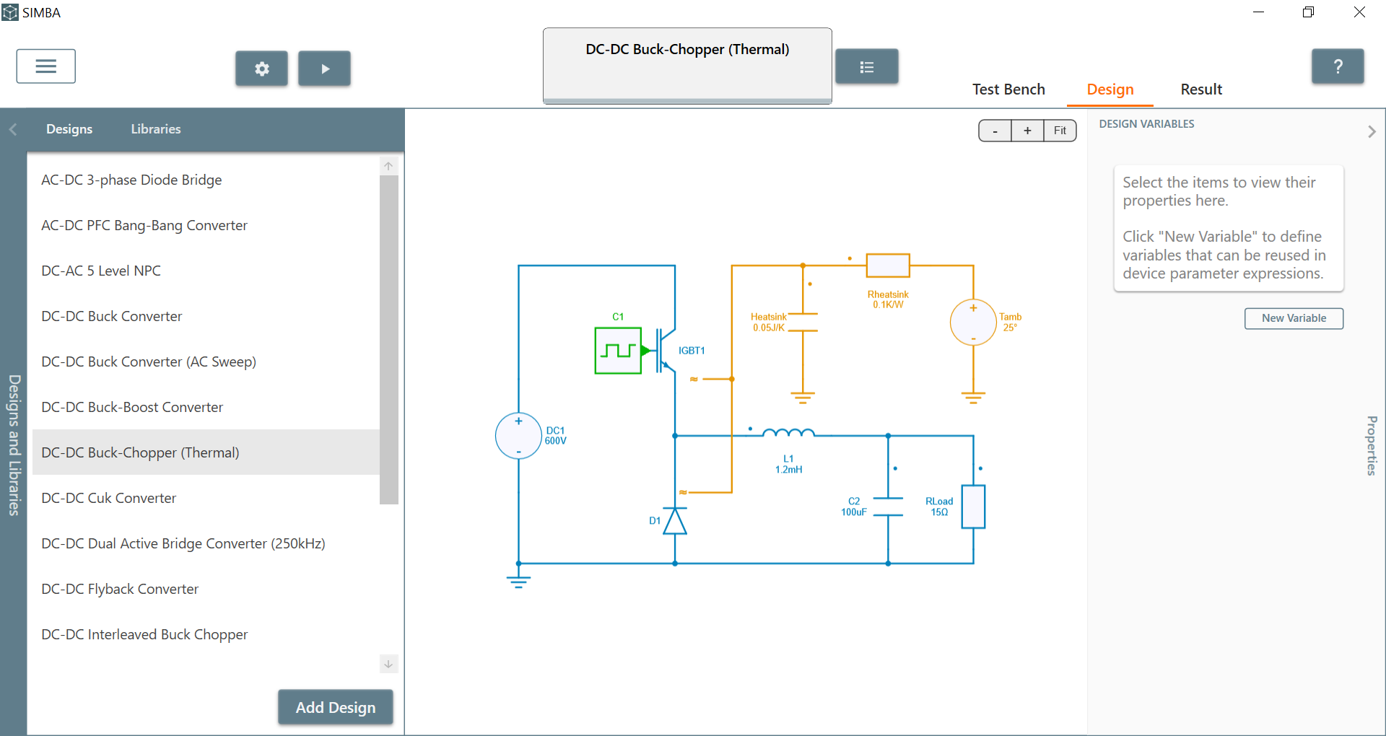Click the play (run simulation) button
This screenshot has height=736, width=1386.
[324, 69]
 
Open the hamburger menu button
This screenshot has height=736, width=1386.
[46, 66]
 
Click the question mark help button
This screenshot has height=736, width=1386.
[1338, 66]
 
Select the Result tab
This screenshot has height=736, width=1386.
[1201, 89]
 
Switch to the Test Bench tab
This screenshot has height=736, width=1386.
[1008, 89]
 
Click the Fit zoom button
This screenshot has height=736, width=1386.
[1060, 131]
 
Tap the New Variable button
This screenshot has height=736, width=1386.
[1294, 318]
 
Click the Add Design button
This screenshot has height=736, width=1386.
[336, 707]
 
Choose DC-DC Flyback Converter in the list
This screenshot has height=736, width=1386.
[120, 589]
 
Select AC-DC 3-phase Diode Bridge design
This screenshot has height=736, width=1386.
[131, 180]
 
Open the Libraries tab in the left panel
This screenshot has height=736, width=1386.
[156, 129]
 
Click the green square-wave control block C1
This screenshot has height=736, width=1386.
[618, 351]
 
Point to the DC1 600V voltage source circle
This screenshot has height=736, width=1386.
[518, 436]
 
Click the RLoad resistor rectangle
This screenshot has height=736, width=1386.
[973, 507]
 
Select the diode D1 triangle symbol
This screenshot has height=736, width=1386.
[675, 520]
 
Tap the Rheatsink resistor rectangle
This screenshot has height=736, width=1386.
[888, 266]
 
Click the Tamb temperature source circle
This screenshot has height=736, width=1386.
[973, 323]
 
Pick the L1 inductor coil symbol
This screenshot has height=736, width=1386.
[788, 433]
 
